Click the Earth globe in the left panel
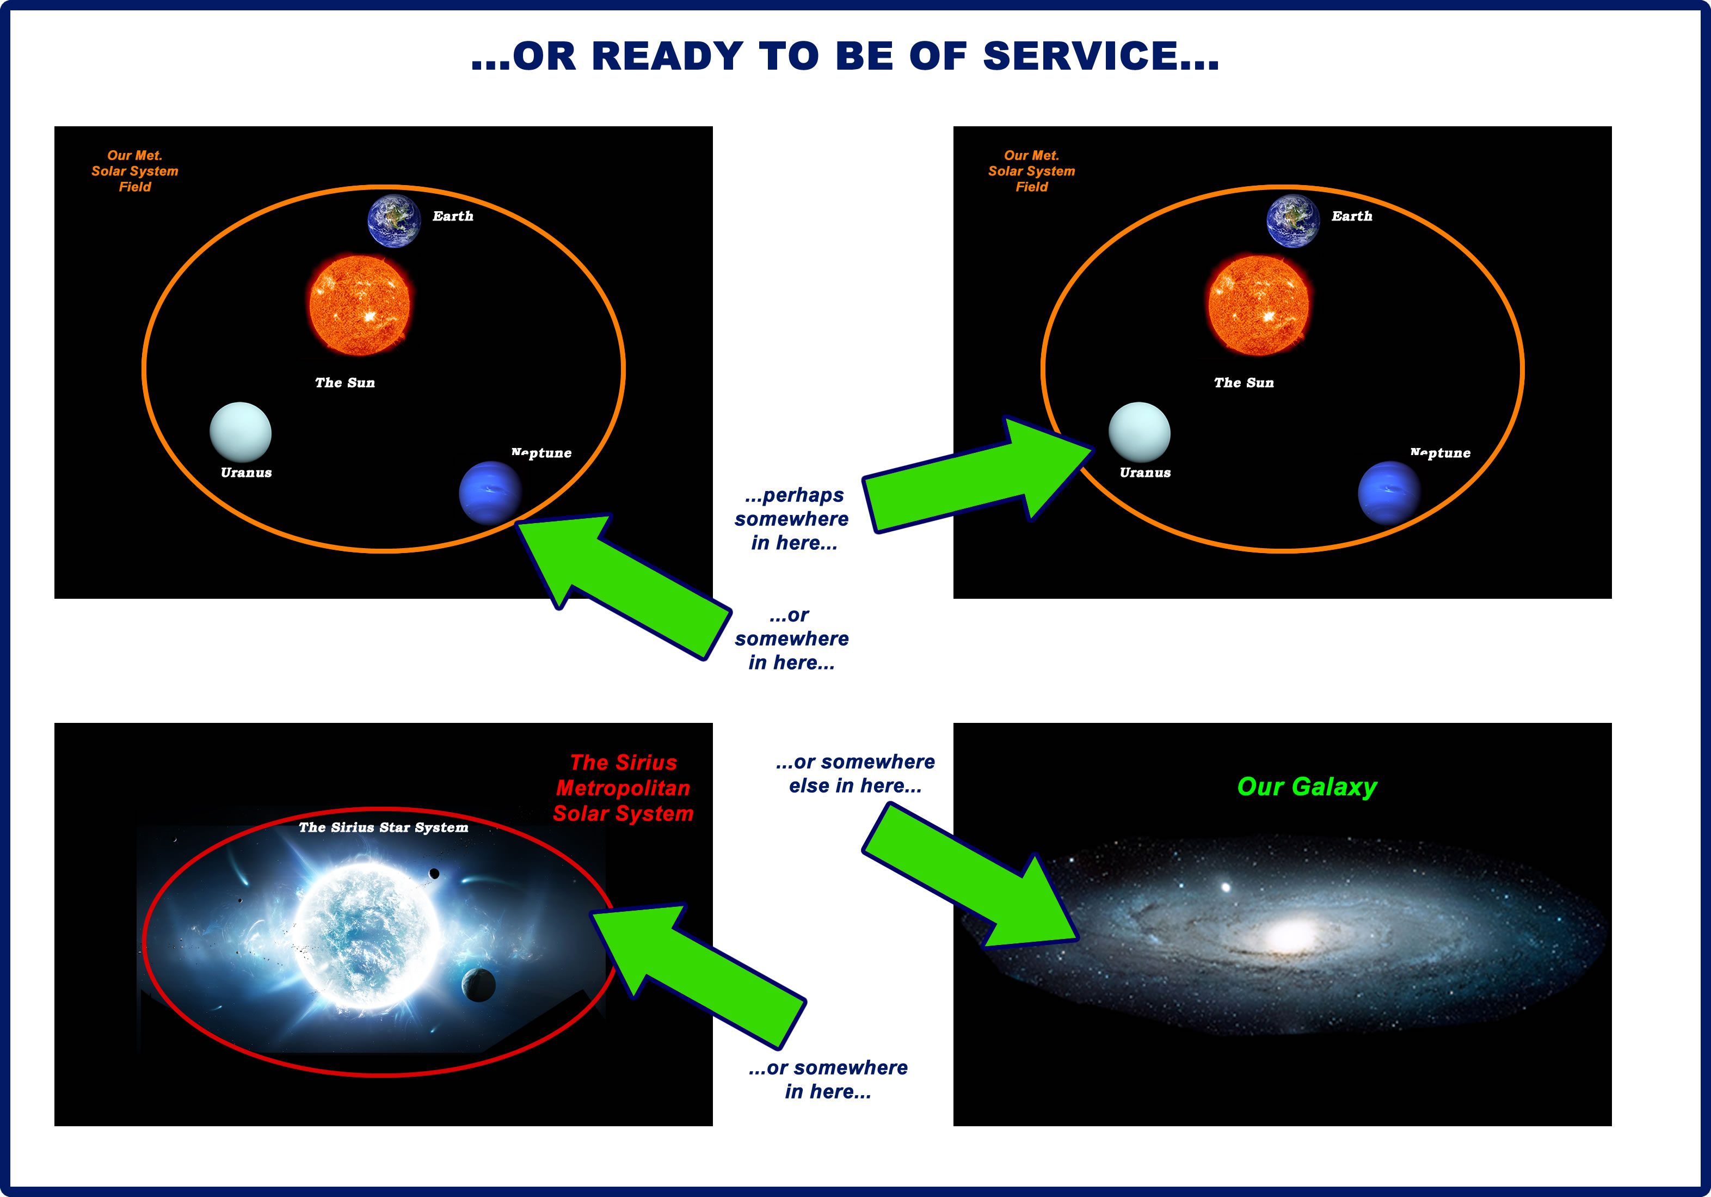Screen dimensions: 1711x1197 point(394,220)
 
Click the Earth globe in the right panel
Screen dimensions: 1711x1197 point(1293,220)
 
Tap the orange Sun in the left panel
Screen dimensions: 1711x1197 point(359,305)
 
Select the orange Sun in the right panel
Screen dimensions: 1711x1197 point(1258,305)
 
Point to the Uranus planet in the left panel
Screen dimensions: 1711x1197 point(241,432)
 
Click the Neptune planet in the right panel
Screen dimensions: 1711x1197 point(1389,493)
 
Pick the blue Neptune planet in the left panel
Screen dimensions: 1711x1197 point(490,493)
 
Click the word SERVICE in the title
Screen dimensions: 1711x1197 point(1101,56)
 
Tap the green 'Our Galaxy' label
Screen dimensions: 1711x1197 point(1307,787)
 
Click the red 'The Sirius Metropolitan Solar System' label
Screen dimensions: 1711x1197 point(623,788)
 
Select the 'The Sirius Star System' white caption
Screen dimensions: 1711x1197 point(384,827)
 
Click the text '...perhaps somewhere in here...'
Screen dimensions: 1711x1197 point(792,519)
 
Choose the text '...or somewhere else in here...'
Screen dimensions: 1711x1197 point(855,774)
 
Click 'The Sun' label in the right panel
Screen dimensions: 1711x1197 point(1244,382)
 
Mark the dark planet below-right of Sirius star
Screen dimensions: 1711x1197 point(478,985)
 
